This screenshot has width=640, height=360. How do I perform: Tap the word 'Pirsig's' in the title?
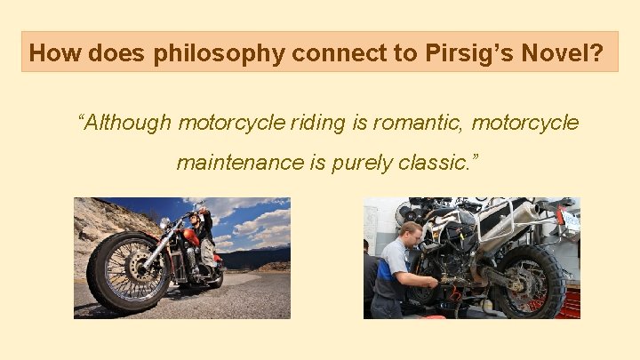[460, 54]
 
